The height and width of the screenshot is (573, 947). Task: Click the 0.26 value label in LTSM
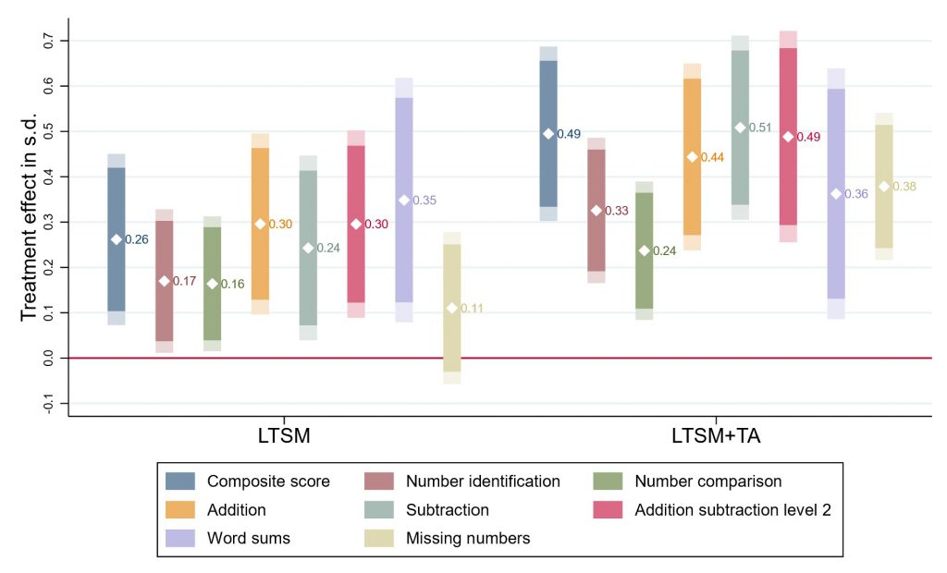pyautogui.click(x=137, y=240)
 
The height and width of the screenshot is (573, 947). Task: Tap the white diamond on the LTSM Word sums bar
pyautogui.click(x=404, y=200)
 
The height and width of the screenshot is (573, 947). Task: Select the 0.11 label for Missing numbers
pyautogui.click(x=473, y=309)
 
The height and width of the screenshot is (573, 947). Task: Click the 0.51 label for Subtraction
pyautogui.click(x=760, y=128)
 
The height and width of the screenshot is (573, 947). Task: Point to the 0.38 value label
pyautogui.click(x=904, y=187)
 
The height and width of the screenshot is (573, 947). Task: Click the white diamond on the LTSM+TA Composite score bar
pyautogui.click(x=548, y=133)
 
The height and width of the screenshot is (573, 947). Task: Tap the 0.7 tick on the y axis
pyautogui.click(x=49, y=41)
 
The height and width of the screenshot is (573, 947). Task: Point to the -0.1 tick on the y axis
pyautogui.click(x=49, y=403)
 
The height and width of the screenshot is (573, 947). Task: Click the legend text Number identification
pyautogui.click(x=483, y=482)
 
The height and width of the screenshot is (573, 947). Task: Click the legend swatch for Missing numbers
pyautogui.click(x=381, y=539)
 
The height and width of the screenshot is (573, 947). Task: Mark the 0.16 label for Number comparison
pyautogui.click(x=232, y=285)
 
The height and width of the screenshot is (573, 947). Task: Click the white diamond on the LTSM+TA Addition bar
pyautogui.click(x=693, y=157)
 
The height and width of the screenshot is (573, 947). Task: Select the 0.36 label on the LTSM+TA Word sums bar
pyautogui.click(x=856, y=194)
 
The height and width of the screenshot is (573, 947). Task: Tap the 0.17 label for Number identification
pyautogui.click(x=184, y=281)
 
